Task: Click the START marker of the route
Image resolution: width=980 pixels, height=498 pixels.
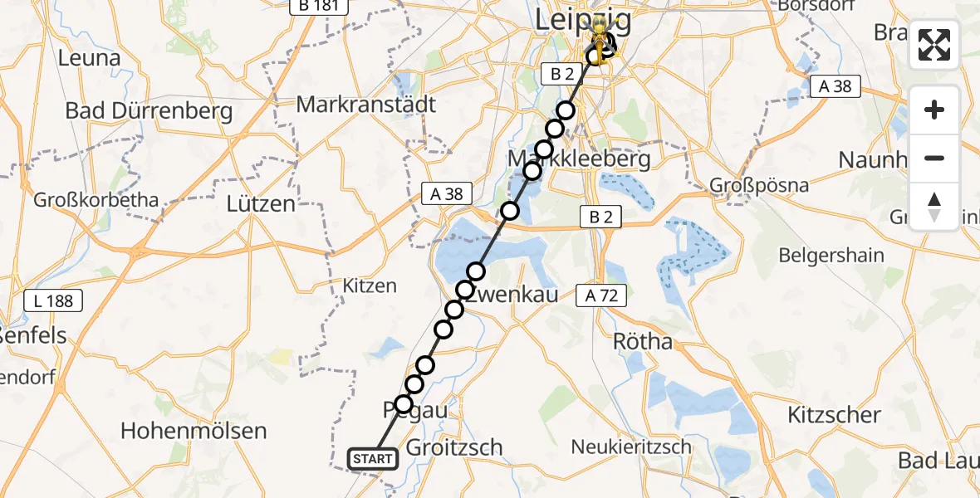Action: tap(373, 459)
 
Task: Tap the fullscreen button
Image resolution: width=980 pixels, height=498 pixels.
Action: tap(934, 45)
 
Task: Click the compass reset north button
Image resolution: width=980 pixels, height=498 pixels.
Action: tap(934, 207)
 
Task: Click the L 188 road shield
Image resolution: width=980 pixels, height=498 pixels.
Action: tap(55, 300)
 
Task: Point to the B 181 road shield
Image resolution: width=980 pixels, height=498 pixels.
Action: tap(318, 7)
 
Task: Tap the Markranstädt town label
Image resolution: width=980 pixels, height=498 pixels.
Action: tap(366, 105)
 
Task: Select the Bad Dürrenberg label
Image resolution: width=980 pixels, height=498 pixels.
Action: tap(149, 110)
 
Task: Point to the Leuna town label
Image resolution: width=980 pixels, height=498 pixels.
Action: tap(90, 59)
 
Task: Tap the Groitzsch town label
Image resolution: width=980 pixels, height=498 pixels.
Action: tap(454, 447)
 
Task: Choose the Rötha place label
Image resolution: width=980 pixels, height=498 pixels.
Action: tap(642, 341)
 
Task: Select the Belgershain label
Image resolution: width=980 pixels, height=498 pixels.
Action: tap(831, 255)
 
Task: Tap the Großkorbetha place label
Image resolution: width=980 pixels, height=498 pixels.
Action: tap(96, 200)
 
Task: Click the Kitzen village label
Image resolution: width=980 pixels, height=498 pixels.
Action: tap(370, 286)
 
